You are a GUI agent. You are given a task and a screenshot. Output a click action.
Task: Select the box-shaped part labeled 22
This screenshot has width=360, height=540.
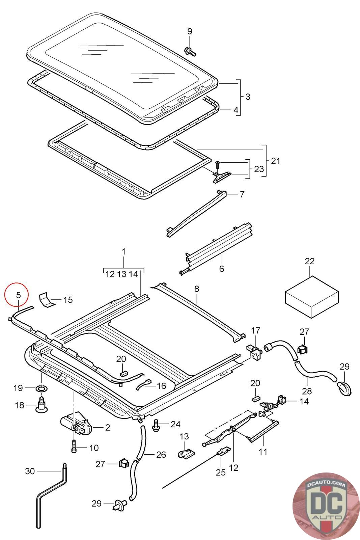(x=311, y=297)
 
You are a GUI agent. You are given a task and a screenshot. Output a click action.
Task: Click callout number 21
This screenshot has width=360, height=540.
(x=275, y=161)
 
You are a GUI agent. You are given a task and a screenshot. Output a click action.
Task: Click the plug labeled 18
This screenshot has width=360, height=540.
(x=41, y=404)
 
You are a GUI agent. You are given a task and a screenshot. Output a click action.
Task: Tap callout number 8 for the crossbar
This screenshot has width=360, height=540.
(x=197, y=289)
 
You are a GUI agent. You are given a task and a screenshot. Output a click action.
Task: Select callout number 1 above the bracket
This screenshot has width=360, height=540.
(x=123, y=251)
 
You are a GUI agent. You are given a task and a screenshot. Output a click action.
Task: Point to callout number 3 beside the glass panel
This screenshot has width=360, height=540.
(x=248, y=97)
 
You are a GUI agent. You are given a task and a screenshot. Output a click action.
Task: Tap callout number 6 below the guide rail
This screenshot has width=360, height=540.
(x=221, y=269)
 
